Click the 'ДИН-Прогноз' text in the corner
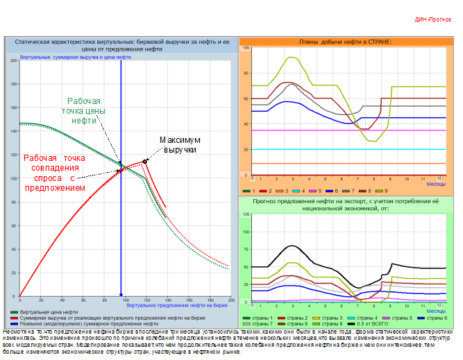click(x=433, y=19)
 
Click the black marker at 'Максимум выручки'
click(x=145, y=161)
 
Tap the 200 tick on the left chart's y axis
click(x=13, y=61)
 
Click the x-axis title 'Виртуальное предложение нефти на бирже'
click(x=178, y=305)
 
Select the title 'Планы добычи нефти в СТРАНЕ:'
click(x=345, y=42)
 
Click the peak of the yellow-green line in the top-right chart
click(x=292, y=58)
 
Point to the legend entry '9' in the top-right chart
click(x=383, y=190)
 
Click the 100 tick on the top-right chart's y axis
click(x=246, y=48)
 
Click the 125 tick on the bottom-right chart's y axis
click(x=246, y=214)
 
